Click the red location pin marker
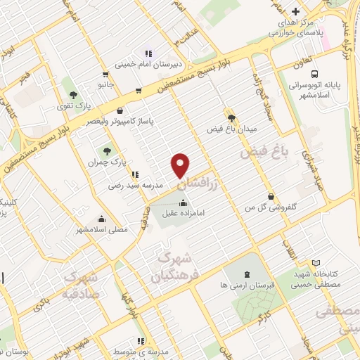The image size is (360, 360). click(181, 165)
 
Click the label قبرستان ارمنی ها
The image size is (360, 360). click(246, 285)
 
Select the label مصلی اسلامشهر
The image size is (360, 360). click(102, 230)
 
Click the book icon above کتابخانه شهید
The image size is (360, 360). click(316, 262)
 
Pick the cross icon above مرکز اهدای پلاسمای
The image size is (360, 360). click(295, 12)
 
